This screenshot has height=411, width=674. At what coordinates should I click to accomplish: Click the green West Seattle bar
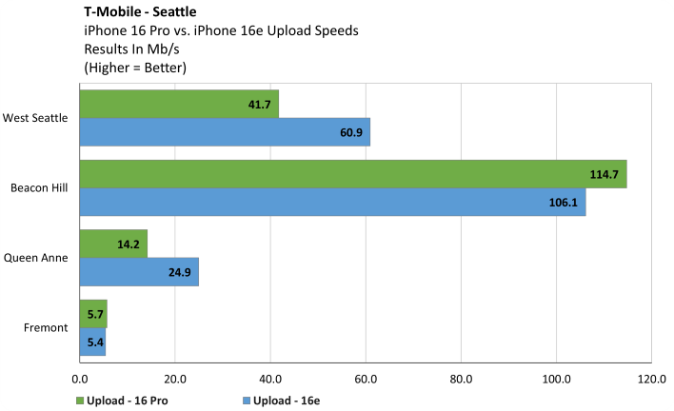click(178, 104)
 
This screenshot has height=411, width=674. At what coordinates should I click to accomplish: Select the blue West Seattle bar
click(224, 131)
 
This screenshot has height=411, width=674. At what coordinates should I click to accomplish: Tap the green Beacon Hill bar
click(352, 174)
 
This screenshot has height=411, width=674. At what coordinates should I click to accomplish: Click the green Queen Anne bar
click(112, 244)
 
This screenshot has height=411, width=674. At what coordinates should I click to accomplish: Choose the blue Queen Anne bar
click(138, 271)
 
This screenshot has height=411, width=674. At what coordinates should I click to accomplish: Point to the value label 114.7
click(605, 174)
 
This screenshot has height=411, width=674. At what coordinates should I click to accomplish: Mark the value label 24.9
click(179, 271)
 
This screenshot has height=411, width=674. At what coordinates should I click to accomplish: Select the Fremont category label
click(47, 328)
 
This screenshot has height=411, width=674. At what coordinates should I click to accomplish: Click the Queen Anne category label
click(36, 258)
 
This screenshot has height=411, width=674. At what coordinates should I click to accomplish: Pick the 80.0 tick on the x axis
click(461, 378)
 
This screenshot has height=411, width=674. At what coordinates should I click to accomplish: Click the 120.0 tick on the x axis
click(650, 378)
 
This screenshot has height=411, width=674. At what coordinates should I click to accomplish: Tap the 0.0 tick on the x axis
click(81, 378)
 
